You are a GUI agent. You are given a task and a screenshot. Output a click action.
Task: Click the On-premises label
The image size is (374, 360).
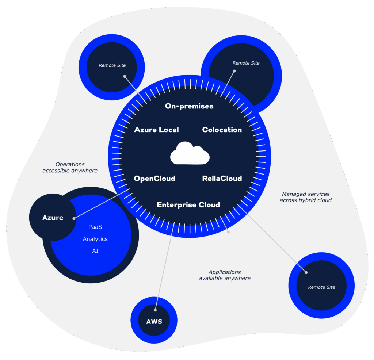pyautogui.click(x=189, y=106)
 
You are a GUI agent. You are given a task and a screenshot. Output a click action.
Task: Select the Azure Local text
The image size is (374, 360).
pyautogui.click(x=156, y=130)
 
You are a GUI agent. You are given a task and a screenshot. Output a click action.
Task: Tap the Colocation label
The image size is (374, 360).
pyautogui.click(x=222, y=130)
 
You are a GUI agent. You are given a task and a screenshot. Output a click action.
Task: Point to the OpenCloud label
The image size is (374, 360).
pyautogui.click(x=154, y=179)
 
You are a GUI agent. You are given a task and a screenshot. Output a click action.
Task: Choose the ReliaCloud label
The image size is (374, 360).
pyautogui.click(x=222, y=179)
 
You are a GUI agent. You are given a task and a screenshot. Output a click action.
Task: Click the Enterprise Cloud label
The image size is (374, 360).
pyautogui.click(x=188, y=204)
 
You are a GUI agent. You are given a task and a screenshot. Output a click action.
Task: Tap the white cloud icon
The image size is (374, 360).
pyautogui.click(x=190, y=153)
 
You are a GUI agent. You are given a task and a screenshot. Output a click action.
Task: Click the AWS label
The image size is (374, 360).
pyautogui.click(x=154, y=322)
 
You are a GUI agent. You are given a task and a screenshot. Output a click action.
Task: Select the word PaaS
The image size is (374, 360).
pyautogui.click(x=95, y=227)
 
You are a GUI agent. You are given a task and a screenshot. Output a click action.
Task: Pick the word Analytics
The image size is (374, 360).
pyautogui.click(x=95, y=239)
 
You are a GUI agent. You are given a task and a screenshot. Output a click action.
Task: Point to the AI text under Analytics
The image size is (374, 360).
pyautogui.click(x=95, y=251)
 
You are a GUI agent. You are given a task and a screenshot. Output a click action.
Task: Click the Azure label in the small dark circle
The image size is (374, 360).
pyautogui.click(x=53, y=218)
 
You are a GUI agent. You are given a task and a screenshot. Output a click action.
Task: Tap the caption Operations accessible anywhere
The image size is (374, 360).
pyautogui.click(x=70, y=168)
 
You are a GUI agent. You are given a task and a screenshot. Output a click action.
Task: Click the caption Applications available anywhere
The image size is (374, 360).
pyautogui.click(x=225, y=275)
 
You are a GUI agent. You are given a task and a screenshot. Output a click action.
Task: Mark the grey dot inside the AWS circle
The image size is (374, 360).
pyautogui.click(x=155, y=310)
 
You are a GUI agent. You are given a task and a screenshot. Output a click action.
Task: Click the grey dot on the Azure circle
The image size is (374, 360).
pyautogui.click(x=74, y=218)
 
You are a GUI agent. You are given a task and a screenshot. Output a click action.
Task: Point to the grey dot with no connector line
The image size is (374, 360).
pyautogui.click(x=229, y=231)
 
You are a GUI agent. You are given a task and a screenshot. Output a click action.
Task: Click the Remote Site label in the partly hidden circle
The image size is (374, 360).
pyautogui.click(x=246, y=63)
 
